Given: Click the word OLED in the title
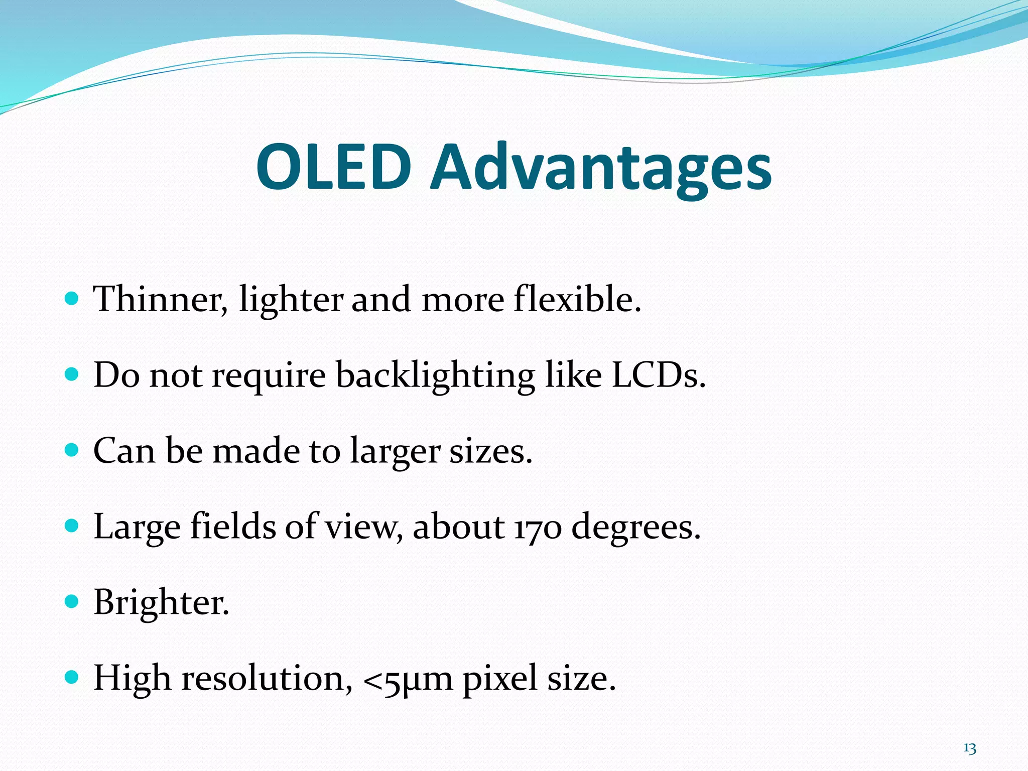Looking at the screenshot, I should pos(333,167).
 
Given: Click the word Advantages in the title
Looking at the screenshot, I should pos(601,168).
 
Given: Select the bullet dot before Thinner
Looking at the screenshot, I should pos(72,299).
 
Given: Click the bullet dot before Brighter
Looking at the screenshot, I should pos(72,601).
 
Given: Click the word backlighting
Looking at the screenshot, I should pos(435,375).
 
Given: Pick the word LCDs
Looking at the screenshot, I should pos(659,375).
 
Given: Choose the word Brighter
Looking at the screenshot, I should pos(161,602).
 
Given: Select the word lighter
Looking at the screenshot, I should pos(291,300).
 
